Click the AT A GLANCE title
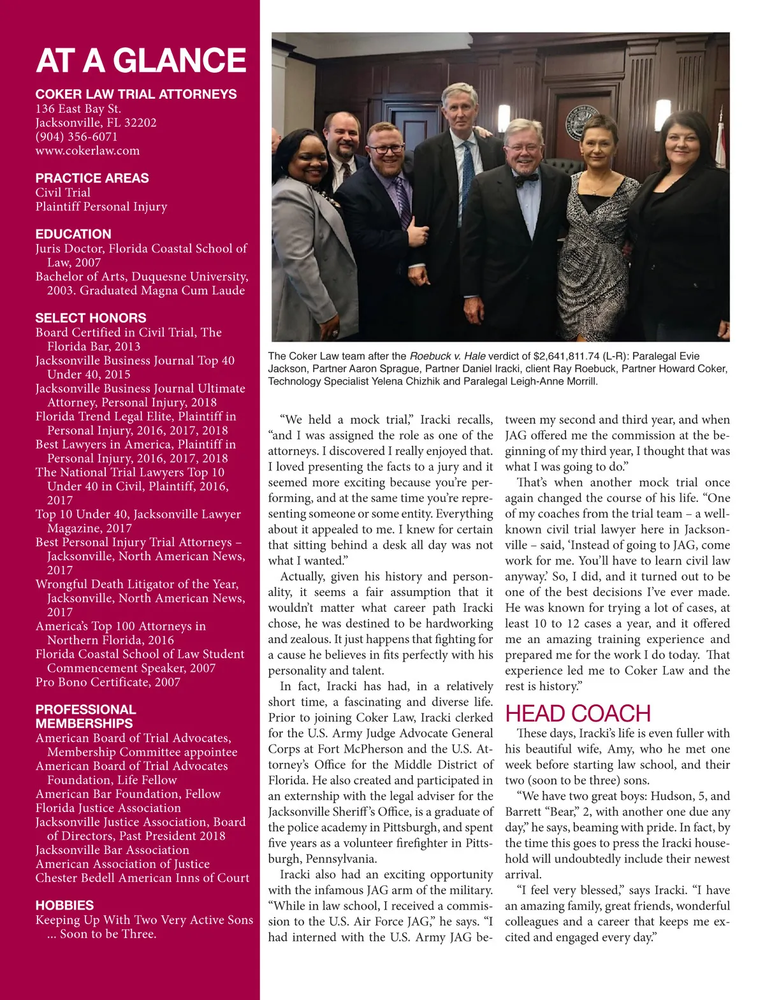click(141, 61)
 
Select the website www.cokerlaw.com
click(87, 150)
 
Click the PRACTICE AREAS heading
click(92, 178)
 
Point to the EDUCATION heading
click(73, 234)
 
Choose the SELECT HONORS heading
click(91, 317)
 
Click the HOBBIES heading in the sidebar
click(64, 905)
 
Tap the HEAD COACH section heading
click(578, 713)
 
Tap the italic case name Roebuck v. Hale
click(448, 356)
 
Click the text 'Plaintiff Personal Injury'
click(101, 207)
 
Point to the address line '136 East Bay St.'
click(78, 108)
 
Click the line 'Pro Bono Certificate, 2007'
click(108, 682)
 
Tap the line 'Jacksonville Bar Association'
click(112, 850)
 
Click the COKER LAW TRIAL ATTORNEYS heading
click(136, 94)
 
